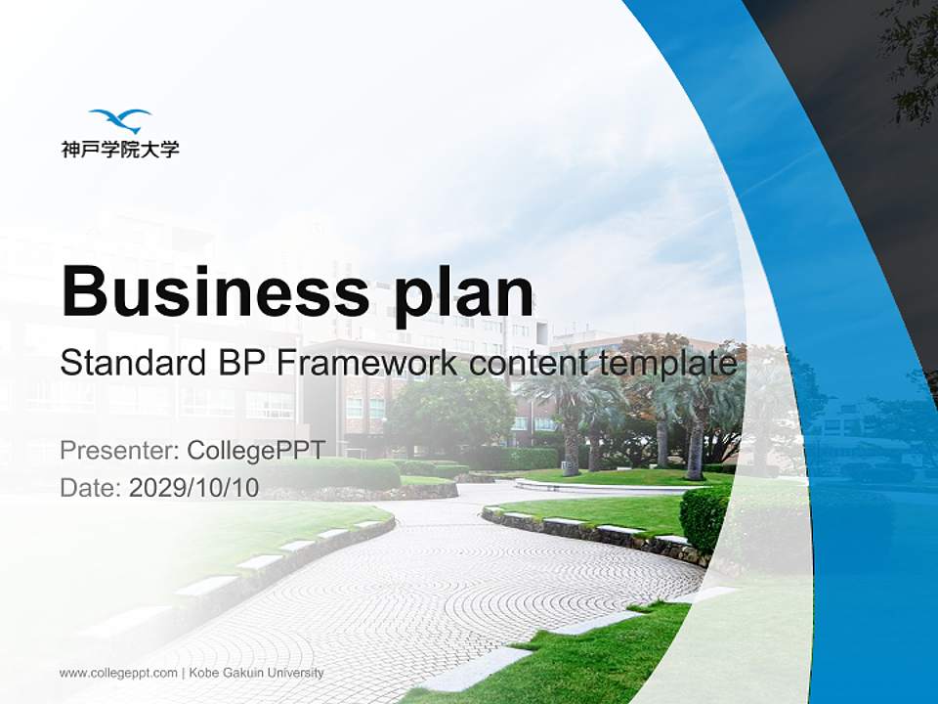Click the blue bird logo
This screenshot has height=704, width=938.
tap(120, 120)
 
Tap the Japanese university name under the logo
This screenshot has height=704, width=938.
tap(120, 150)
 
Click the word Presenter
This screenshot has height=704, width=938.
tap(117, 451)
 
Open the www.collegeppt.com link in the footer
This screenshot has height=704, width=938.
tap(118, 673)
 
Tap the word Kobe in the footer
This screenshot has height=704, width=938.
tap(203, 673)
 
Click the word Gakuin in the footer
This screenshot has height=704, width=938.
tap(245, 673)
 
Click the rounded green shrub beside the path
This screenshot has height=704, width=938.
tap(705, 519)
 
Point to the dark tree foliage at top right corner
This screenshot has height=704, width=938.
tap(914, 59)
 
